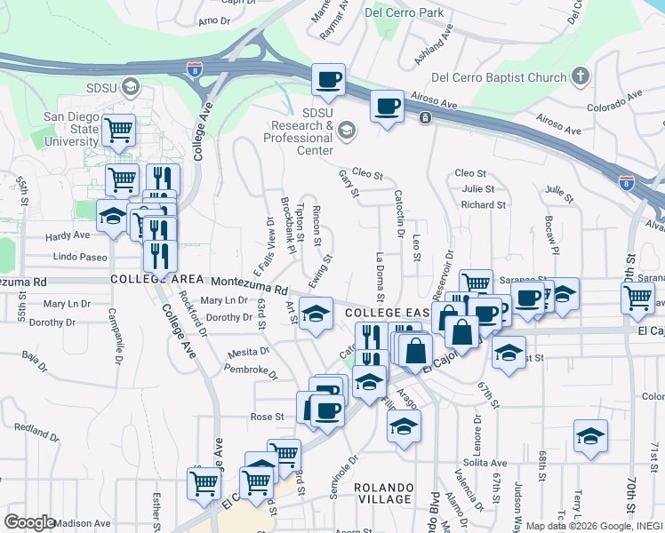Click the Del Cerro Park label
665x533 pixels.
[405, 12]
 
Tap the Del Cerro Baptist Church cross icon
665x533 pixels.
[581, 75]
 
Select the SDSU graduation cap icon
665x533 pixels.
[132, 86]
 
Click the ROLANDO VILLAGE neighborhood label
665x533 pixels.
[384, 493]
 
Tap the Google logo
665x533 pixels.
[29, 522]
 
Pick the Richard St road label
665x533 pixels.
[484, 204]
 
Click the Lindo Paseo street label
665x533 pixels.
[80, 257]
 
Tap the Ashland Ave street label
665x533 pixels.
[433, 44]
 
